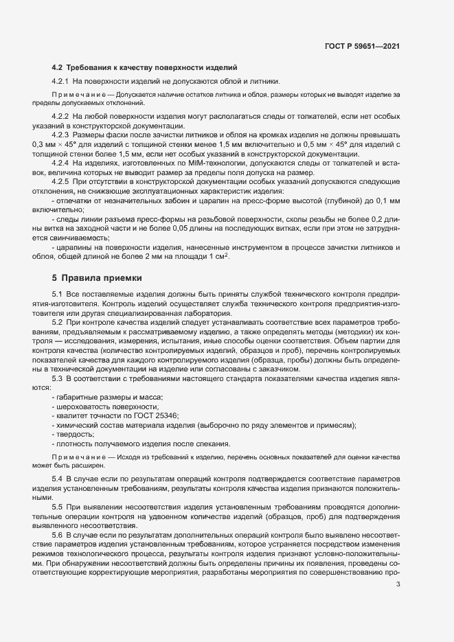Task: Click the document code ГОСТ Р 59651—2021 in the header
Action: coord(362,47)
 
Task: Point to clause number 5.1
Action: coord(57,294)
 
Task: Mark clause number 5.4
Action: coord(57,477)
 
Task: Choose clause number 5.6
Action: coord(57,534)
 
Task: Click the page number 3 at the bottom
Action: coord(398,585)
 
